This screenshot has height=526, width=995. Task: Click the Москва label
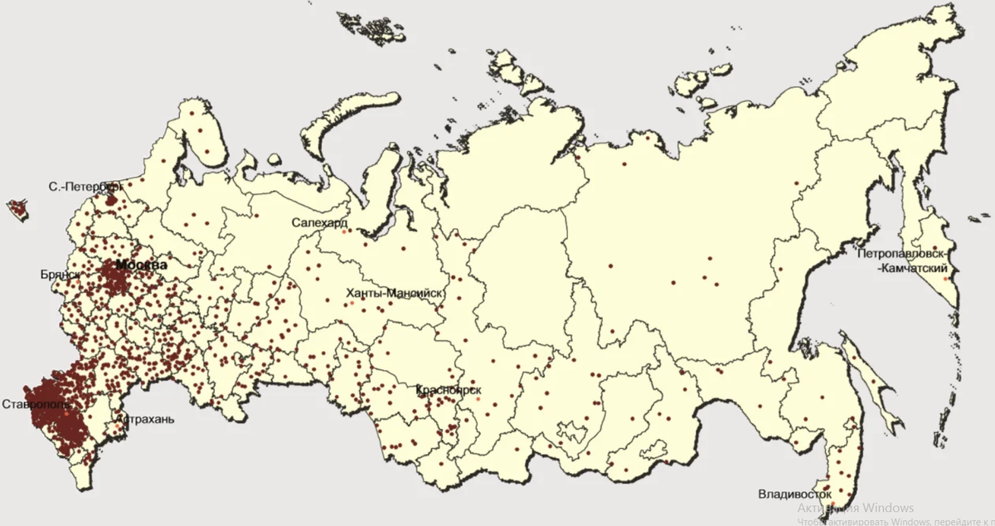(141, 265)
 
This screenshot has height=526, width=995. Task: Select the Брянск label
(60, 274)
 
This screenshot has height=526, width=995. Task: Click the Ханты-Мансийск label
(396, 294)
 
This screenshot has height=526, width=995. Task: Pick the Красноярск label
(449, 390)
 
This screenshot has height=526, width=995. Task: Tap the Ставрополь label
(32, 405)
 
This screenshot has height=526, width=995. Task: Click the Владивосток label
(794, 495)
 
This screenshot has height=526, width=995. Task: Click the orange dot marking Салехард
(344, 231)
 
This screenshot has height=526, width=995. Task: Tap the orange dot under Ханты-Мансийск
(352, 304)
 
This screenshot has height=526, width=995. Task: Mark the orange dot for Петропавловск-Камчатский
(948, 280)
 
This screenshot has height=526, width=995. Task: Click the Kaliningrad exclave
(17, 208)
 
